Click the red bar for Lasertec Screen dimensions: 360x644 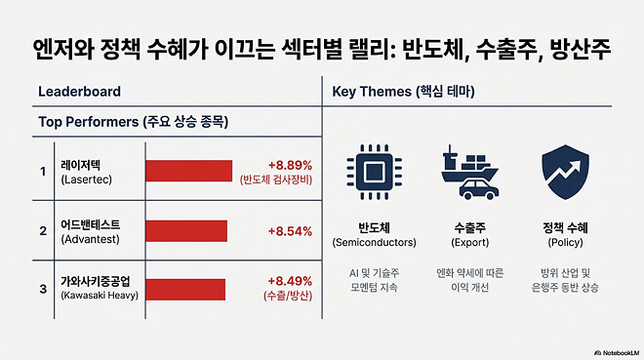pyautogui.click(x=188, y=171)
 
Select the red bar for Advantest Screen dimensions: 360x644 pyautogui.click(x=185, y=231)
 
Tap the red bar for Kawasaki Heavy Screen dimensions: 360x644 pyautogui.click(x=185, y=289)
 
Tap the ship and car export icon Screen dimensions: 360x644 pyautogui.click(x=469, y=172)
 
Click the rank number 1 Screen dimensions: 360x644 pyautogui.click(x=42, y=172)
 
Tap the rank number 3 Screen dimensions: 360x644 pyautogui.click(x=42, y=289)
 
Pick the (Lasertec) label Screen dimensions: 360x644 pyautogui.click(x=87, y=180)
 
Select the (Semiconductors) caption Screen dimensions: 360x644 pyautogui.click(x=375, y=241)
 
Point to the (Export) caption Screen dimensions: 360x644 pyautogui.click(x=470, y=241)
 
